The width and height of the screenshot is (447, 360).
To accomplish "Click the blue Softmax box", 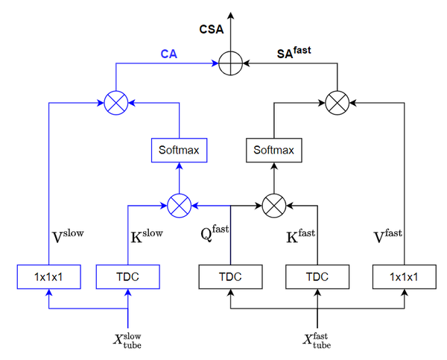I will (180, 151).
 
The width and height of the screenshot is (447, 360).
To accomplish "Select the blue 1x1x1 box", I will (48, 277).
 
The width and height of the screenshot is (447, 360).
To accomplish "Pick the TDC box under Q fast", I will (229, 277).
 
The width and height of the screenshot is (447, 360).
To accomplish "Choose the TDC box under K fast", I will (317, 277).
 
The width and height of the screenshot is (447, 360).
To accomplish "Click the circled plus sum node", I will (231, 64).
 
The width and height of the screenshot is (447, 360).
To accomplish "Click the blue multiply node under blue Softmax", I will (180, 203).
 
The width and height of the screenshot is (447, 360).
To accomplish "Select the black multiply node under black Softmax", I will (273, 203).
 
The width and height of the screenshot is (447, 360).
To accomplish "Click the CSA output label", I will (211, 30).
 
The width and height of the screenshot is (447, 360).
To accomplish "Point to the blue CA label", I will (168, 54).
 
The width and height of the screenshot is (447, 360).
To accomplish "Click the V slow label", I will (67, 236).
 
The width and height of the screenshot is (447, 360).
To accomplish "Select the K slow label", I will (147, 237).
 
